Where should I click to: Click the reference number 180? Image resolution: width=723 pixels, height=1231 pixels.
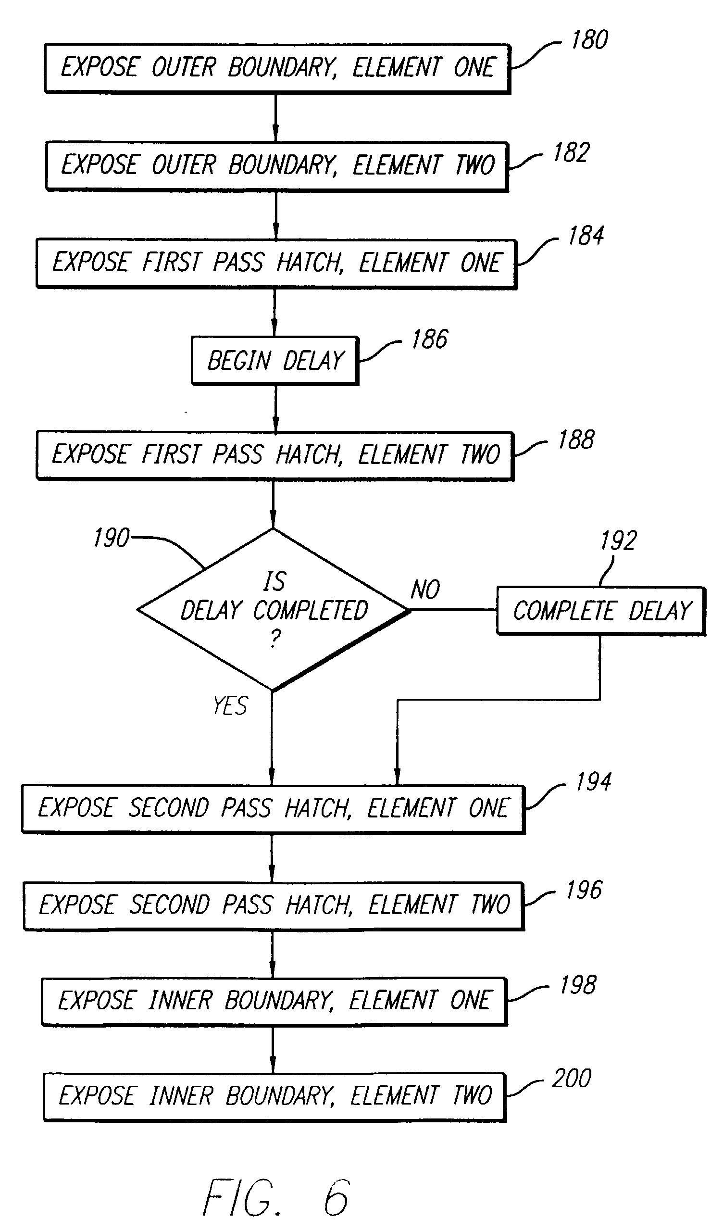[x=590, y=40]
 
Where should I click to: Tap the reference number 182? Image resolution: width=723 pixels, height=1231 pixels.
[x=571, y=152]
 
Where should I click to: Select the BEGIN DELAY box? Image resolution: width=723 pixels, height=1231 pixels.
[x=275, y=361]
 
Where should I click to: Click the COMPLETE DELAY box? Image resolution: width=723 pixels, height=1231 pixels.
[x=601, y=611]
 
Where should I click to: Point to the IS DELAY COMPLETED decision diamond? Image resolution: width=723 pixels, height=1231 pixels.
[x=274, y=610]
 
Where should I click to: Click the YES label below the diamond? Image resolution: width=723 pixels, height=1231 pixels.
[x=230, y=706]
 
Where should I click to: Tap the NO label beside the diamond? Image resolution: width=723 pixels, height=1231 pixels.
[x=425, y=589]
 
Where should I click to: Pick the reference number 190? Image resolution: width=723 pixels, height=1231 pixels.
[x=112, y=538]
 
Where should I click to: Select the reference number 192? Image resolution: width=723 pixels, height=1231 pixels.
[x=618, y=541]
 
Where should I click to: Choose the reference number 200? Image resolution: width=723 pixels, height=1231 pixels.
[x=571, y=1078]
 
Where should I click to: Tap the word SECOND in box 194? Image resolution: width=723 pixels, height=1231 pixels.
[x=169, y=807]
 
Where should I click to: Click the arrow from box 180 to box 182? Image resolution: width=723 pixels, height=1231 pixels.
[x=275, y=117]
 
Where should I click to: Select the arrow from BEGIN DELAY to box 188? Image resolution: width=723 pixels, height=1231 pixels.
[x=275, y=408]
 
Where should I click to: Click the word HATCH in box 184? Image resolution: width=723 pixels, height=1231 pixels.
[x=310, y=263]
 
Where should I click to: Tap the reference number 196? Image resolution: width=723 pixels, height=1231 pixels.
[x=584, y=890]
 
